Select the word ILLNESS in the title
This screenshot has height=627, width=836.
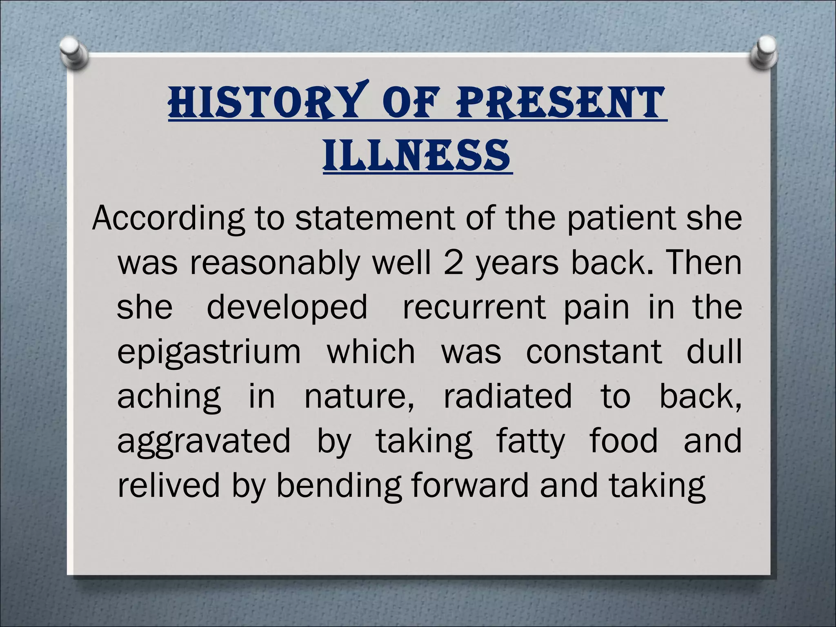[x=417, y=156]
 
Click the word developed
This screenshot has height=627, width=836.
[x=287, y=308]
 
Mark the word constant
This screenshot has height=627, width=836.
[x=594, y=352]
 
